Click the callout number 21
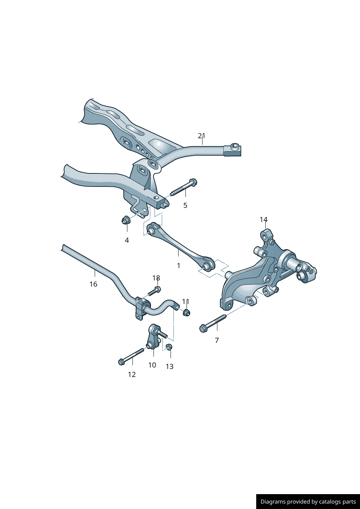point(201,136)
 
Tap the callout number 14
point(263,219)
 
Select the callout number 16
point(93,284)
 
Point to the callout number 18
point(156,278)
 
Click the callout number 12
point(132,374)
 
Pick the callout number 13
point(169,366)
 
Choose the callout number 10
point(152,365)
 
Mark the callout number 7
point(217,340)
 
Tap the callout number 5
point(185,205)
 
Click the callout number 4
point(127,240)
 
